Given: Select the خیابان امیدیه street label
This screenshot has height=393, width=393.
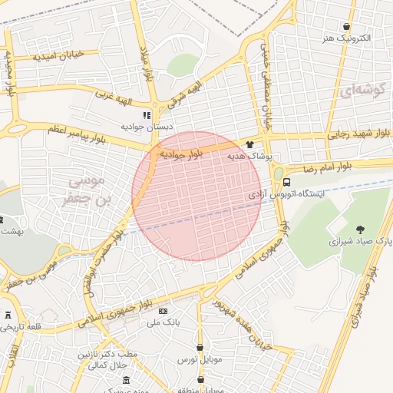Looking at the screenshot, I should [x=66, y=55].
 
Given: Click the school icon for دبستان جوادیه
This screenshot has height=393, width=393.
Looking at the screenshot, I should [x=147, y=115].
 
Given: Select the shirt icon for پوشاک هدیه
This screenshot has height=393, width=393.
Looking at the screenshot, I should [x=250, y=144].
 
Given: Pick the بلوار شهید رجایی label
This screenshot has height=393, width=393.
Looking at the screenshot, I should [x=359, y=134].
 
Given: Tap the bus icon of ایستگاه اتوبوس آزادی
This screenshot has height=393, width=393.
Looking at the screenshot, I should [x=286, y=183].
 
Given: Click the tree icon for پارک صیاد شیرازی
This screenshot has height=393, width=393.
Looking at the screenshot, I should [x=360, y=229].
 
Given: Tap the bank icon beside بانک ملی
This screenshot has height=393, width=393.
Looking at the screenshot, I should [x=163, y=311].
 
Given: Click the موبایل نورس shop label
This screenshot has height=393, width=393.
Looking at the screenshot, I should [x=200, y=359].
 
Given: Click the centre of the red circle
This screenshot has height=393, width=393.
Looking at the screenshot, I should [x=197, y=196].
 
